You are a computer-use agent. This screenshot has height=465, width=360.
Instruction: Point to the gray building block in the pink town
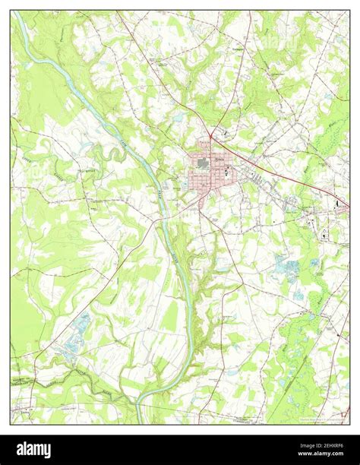(x=202, y=163)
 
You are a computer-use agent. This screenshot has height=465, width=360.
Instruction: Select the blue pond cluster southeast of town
(x=289, y=267)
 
